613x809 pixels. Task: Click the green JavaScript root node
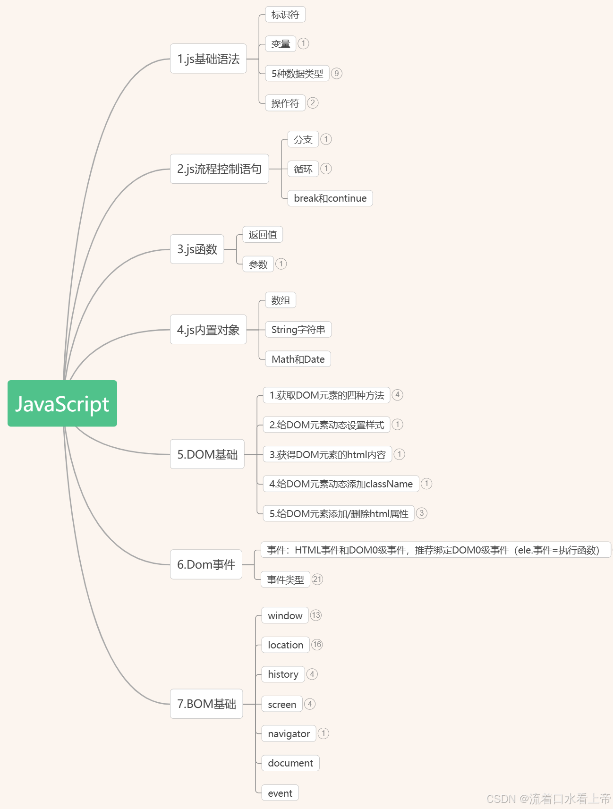pos(62,404)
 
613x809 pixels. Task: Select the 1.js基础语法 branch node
pos(208,59)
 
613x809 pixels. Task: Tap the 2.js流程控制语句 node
pos(220,169)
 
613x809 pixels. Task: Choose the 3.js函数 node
pos(197,249)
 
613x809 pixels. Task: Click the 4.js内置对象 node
pos(208,330)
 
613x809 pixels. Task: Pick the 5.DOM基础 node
pos(207,454)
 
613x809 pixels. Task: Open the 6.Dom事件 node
pos(206,564)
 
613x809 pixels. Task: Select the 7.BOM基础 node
pos(206,704)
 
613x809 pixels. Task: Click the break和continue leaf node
pos(330,198)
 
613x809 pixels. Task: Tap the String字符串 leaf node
pos(298,330)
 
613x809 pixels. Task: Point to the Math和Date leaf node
pos(298,359)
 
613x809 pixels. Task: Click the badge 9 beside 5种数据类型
pos(336,73)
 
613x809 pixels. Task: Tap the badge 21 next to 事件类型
pos(317,579)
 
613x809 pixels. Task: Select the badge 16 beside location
pos(317,644)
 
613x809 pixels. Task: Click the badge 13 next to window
pos(316,615)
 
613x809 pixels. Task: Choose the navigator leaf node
pos(289,733)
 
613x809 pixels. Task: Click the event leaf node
pos(280,793)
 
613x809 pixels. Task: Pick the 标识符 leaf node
pos(285,15)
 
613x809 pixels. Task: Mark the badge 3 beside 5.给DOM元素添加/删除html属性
pos(422,513)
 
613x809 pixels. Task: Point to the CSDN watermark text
pos(548,799)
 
